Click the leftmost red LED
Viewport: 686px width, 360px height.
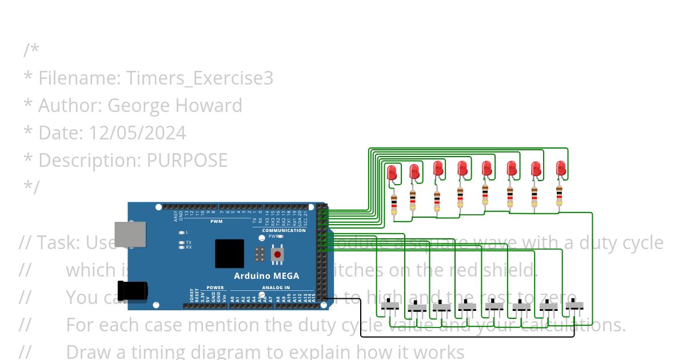(x=392, y=173)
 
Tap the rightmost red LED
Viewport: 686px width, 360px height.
(x=561, y=169)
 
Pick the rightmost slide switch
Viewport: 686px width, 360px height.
(x=574, y=306)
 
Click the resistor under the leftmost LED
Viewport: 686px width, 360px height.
(x=394, y=203)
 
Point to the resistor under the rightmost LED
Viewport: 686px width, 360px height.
(x=559, y=195)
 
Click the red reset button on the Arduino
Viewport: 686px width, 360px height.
(x=277, y=254)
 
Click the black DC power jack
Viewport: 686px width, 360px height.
(x=133, y=290)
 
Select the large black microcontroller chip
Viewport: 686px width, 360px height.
(x=229, y=254)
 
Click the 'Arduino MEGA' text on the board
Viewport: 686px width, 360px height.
(x=266, y=276)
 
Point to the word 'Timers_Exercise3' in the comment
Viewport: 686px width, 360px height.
(x=199, y=78)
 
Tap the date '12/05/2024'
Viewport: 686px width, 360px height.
(x=137, y=133)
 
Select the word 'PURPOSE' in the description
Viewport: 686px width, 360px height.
(x=187, y=160)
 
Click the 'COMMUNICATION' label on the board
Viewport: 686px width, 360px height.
(x=284, y=230)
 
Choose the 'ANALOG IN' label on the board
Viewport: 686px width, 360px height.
(x=276, y=287)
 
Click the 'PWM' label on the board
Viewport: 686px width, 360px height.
(x=216, y=221)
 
